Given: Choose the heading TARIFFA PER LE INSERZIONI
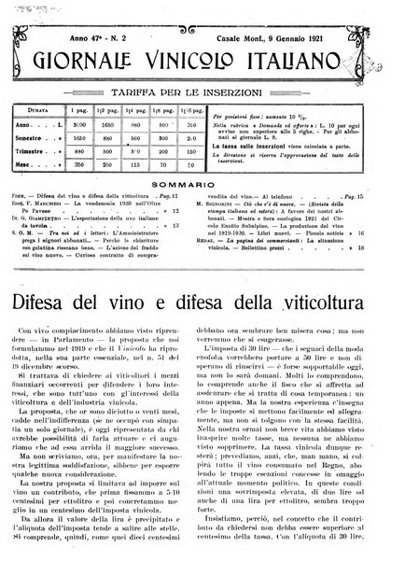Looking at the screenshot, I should pyautogui.click(x=202, y=83).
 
